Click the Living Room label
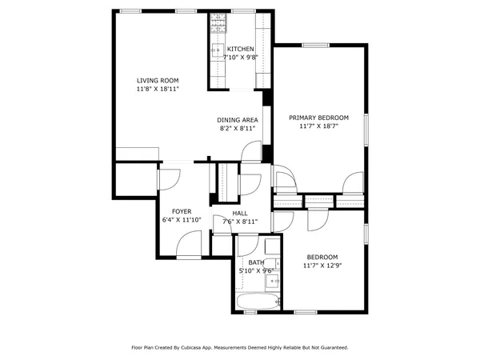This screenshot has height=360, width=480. coord(157,81)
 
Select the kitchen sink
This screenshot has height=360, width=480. coord(216,51)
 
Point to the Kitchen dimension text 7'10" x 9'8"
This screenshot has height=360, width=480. coord(241,58)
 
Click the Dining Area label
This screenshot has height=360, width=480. coord(237,120)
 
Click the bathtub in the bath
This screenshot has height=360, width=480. coord(258,302)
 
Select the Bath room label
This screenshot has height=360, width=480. coord(256,262)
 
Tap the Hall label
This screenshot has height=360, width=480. coord(240,214)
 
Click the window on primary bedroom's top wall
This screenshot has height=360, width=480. coord(314,45)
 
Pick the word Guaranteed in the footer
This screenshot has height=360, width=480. coord(331,348)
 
